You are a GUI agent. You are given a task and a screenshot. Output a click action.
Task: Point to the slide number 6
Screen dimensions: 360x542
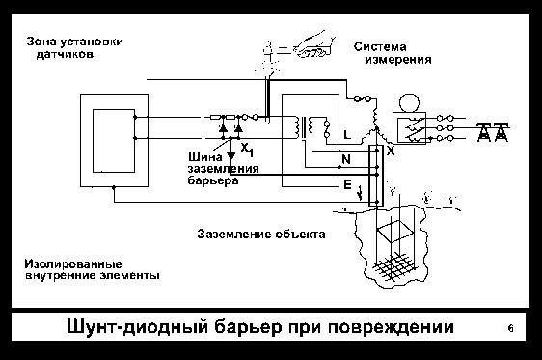tap(510, 329)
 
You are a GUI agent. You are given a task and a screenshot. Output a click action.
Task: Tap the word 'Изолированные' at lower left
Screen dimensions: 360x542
tap(73, 263)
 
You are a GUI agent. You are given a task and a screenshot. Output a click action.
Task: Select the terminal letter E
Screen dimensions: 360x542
tap(345, 180)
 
